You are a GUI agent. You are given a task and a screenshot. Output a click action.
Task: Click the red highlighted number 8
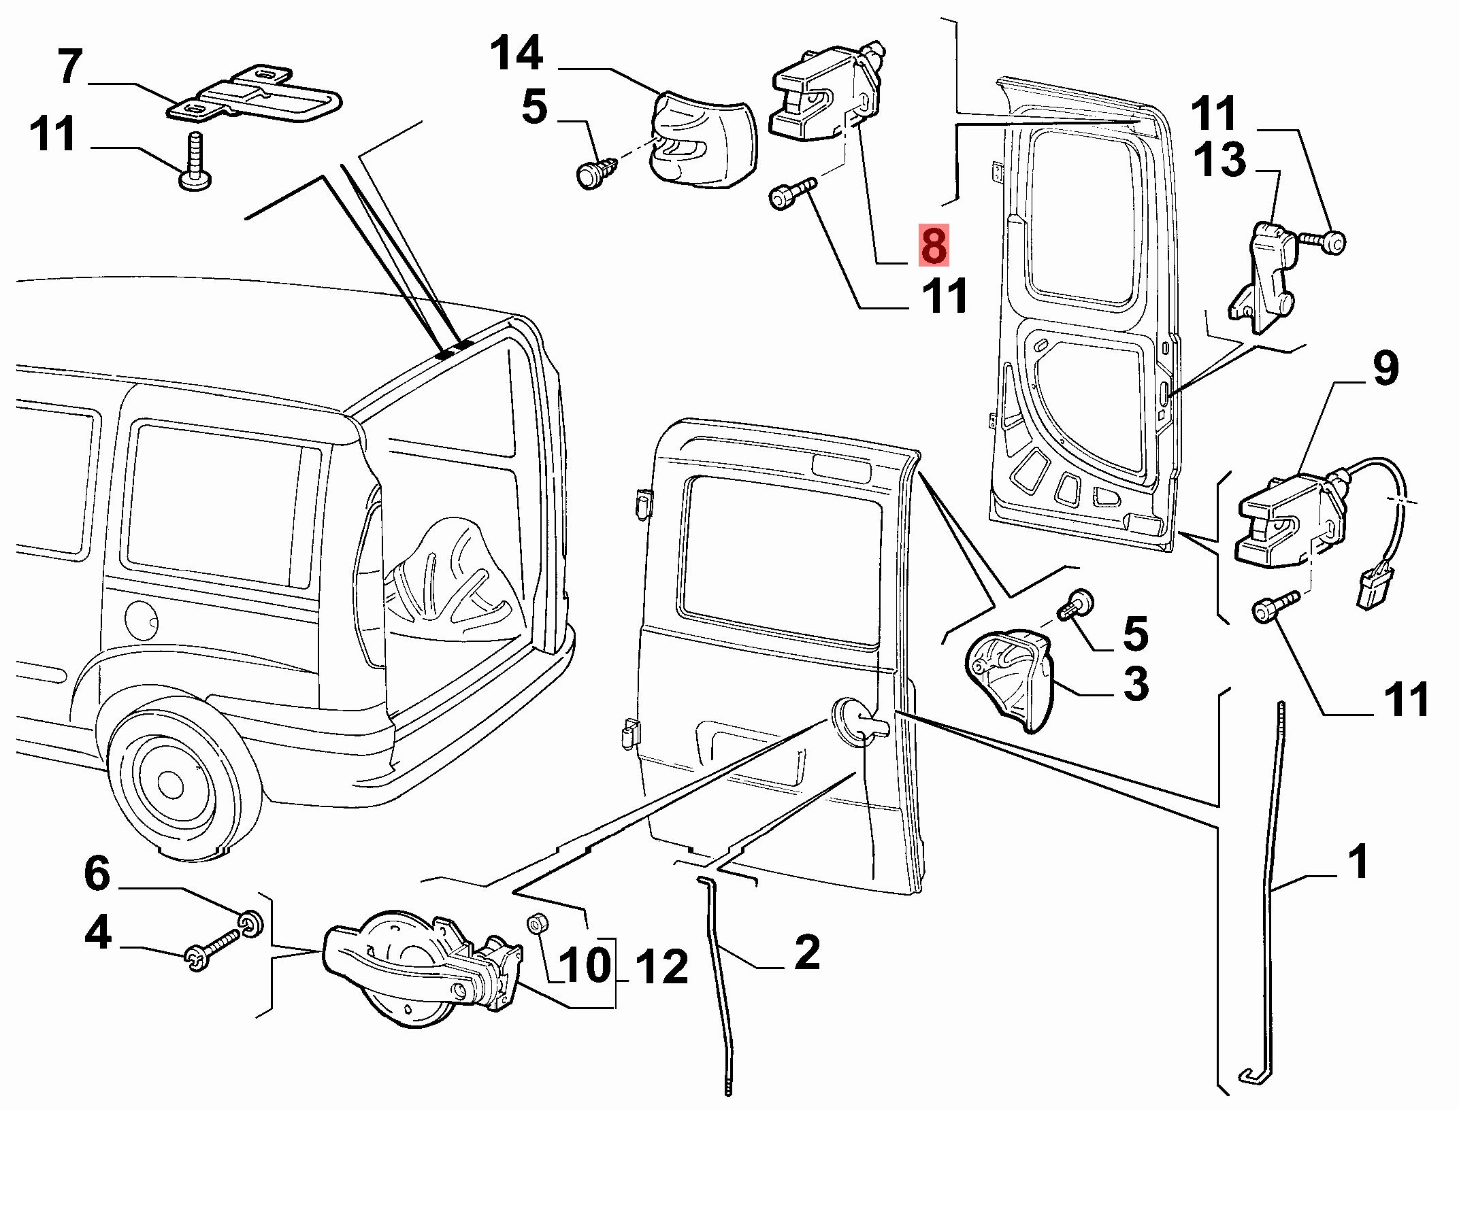933,246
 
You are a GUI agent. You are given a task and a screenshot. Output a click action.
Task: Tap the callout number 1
1358,862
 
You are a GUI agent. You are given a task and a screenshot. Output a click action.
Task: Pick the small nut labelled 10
536,924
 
